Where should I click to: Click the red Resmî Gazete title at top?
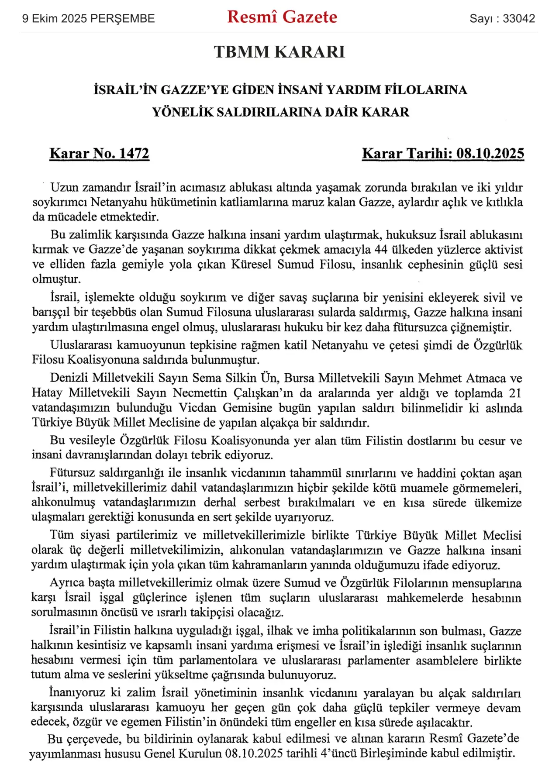pos(282,17)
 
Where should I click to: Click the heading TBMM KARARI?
pos(279,52)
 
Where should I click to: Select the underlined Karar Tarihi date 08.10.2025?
pos(490,154)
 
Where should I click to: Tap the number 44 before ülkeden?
pos(381,250)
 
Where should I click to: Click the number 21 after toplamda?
pos(515,393)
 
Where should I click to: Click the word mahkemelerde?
pos(425,598)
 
